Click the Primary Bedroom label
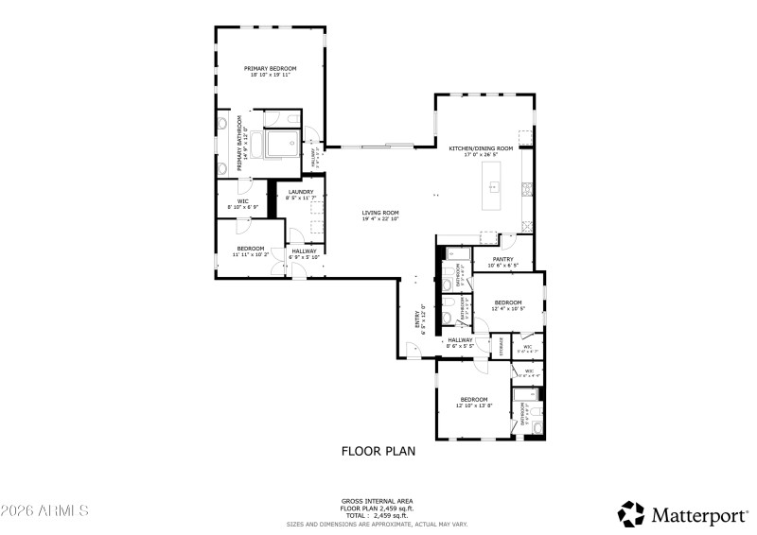pyautogui.click(x=270, y=68)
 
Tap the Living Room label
pyautogui.click(x=380, y=213)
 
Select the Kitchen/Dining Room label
pyautogui.click(x=481, y=148)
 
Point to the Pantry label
pyautogui.click(x=502, y=260)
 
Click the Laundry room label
pyautogui.click(x=300, y=192)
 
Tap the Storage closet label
pyautogui.click(x=502, y=346)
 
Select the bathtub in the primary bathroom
pyautogui.click(x=281, y=145)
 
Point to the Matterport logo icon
pyautogui.click(x=630, y=513)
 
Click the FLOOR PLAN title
pyautogui.click(x=378, y=451)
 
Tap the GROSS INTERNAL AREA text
pyautogui.click(x=378, y=501)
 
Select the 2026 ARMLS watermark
pyautogui.click(x=44, y=510)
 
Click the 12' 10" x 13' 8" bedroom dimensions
pyautogui.click(x=473, y=405)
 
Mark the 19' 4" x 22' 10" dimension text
pyautogui.click(x=380, y=218)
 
